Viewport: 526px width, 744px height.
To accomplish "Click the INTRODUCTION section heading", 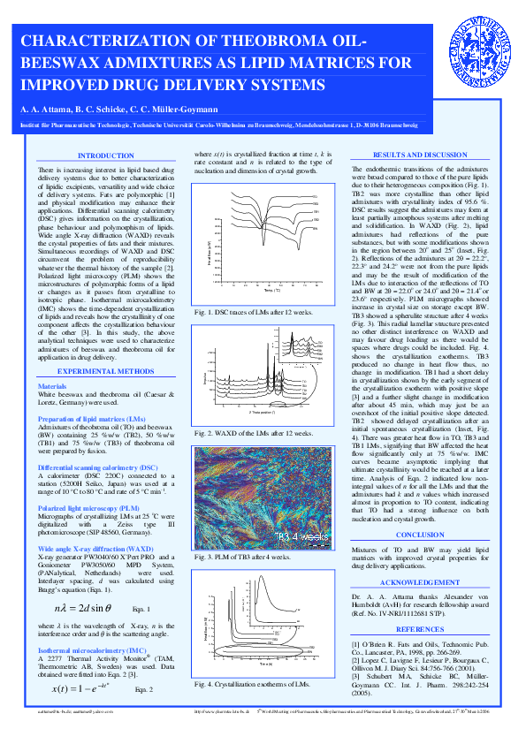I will click(106, 156).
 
